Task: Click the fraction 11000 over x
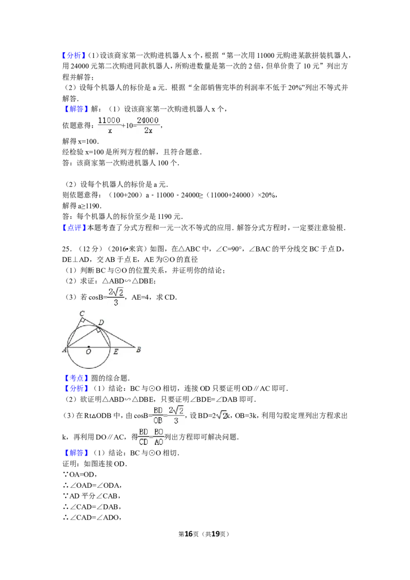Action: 109,125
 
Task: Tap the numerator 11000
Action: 109,120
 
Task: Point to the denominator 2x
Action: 148,131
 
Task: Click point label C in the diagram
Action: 81,313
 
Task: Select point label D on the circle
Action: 101,322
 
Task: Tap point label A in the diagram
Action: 64,350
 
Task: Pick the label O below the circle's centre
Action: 88,352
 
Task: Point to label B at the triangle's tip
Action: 138,349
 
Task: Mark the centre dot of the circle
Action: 89,347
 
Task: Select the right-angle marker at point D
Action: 98,329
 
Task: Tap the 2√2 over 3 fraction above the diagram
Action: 116,297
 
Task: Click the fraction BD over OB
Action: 158,416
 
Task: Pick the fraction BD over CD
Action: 143,437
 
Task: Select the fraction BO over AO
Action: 159,437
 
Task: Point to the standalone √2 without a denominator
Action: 221,416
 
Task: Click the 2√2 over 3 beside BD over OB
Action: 176,416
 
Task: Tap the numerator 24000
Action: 148,120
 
